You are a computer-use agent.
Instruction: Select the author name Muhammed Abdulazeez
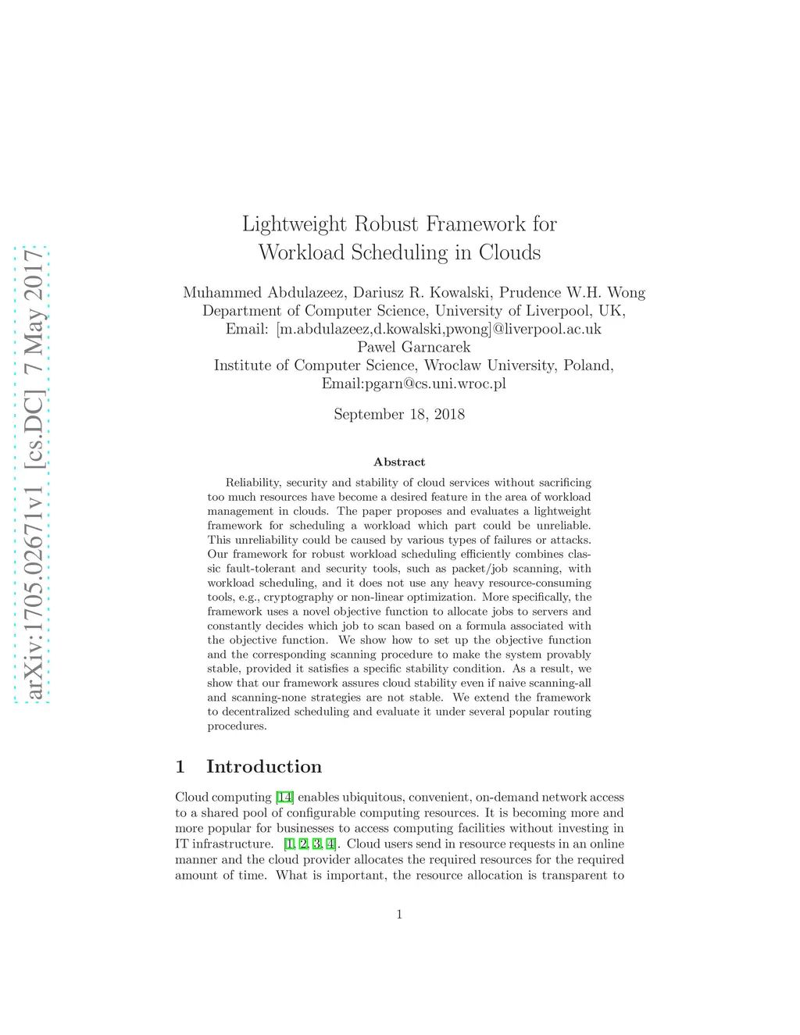click(263, 293)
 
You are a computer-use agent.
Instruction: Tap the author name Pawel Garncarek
click(414, 347)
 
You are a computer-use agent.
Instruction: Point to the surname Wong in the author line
click(626, 293)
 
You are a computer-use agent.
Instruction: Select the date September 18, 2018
click(399, 414)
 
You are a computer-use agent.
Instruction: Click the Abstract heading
click(399, 462)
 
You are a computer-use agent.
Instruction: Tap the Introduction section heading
click(264, 766)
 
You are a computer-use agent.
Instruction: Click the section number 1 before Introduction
click(180, 766)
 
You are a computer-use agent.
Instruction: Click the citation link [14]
click(284, 798)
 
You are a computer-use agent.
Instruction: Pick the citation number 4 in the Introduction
click(331, 844)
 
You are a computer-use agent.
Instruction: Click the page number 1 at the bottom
click(399, 915)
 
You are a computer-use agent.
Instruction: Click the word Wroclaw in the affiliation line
click(452, 366)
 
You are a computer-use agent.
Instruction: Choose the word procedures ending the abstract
click(237, 726)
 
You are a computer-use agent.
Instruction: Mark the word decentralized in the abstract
click(257, 712)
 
